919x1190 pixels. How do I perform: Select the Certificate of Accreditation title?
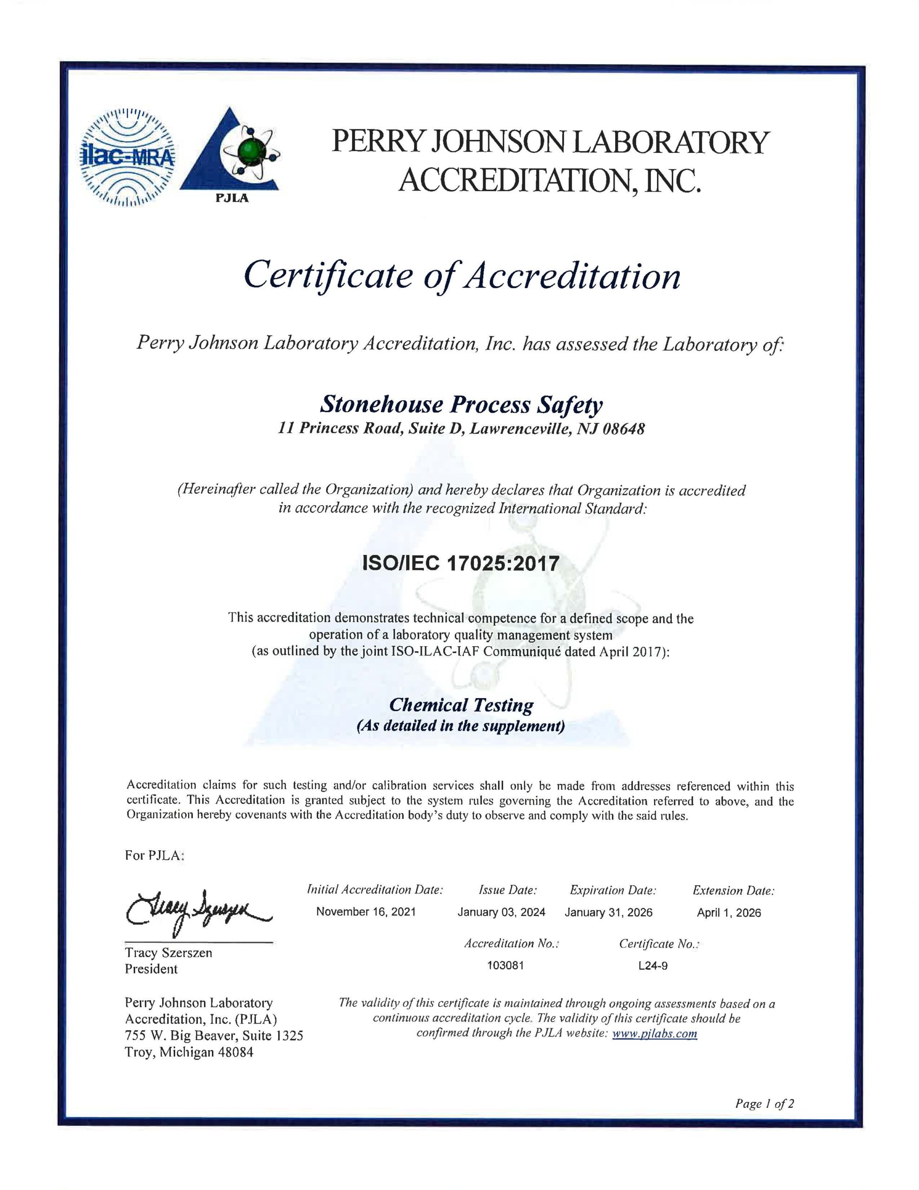[x=462, y=276]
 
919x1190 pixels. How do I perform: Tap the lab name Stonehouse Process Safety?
[x=461, y=405]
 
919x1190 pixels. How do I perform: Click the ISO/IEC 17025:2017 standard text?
[x=461, y=563]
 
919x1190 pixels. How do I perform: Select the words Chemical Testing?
[x=461, y=705]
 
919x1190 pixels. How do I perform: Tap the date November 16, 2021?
[x=366, y=912]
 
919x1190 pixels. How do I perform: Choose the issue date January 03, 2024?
[x=501, y=912]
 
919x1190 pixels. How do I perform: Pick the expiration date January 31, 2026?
[x=609, y=912]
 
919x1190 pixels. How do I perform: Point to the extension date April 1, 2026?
[x=729, y=912]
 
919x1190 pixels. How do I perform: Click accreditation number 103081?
[x=505, y=965]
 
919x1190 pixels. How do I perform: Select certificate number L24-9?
[x=653, y=966]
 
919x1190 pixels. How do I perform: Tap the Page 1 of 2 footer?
[x=764, y=1104]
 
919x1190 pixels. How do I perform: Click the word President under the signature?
[x=151, y=968]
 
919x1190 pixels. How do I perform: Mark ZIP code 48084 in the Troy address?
[x=236, y=1052]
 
